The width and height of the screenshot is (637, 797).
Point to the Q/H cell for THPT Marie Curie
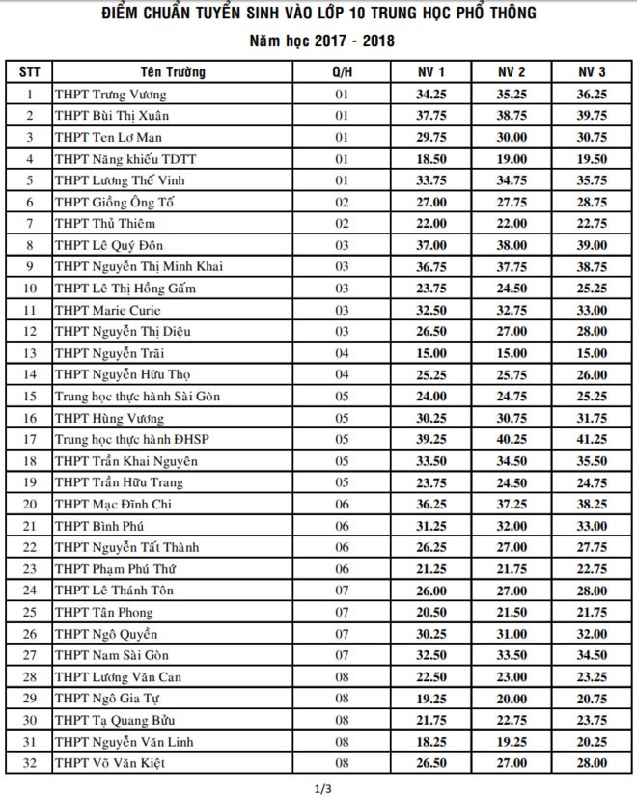point(341,310)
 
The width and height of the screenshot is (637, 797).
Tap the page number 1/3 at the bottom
point(318,789)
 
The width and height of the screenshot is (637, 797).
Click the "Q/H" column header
point(341,72)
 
